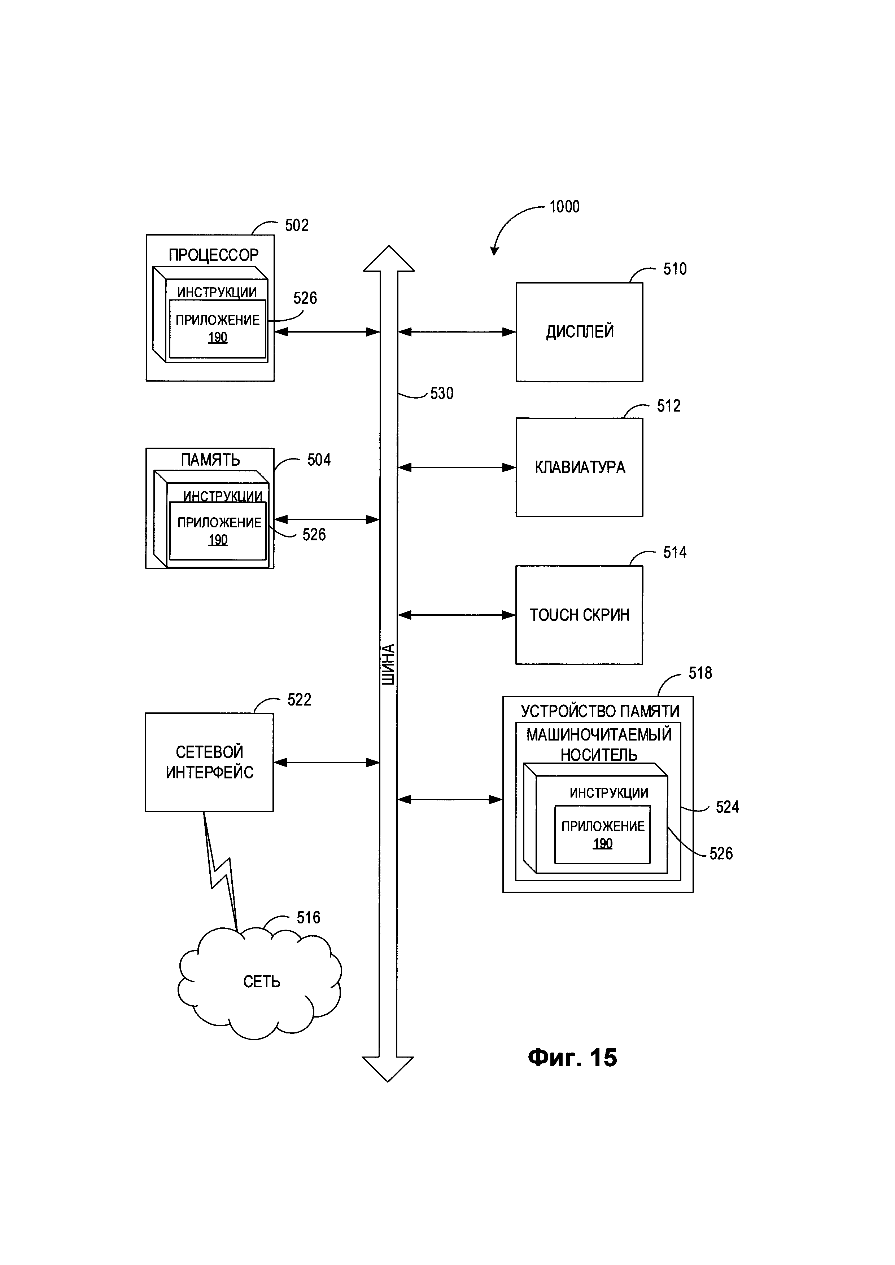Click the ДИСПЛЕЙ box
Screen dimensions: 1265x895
(x=579, y=332)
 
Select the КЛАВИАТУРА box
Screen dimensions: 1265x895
(x=579, y=467)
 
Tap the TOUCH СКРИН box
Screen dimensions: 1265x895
(x=579, y=615)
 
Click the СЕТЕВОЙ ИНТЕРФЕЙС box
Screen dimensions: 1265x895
(x=209, y=762)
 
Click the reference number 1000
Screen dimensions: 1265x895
(x=564, y=207)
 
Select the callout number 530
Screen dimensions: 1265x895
(x=441, y=394)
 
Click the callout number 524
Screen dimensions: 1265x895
(x=727, y=807)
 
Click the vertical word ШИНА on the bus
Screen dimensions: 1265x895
(x=388, y=664)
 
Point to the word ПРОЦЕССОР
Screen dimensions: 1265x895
(x=213, y=255)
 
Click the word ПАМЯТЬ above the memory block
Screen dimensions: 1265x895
(x=210, y=460)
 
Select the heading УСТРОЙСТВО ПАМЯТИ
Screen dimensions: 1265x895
(x=599, y=711)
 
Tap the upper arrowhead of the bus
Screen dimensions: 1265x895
(x=389, y=259)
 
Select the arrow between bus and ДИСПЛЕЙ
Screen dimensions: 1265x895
(x=457, y=332)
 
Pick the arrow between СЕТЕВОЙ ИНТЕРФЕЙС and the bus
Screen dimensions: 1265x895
(x=327, y=763)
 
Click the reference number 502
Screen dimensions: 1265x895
(x=297, y=225)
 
